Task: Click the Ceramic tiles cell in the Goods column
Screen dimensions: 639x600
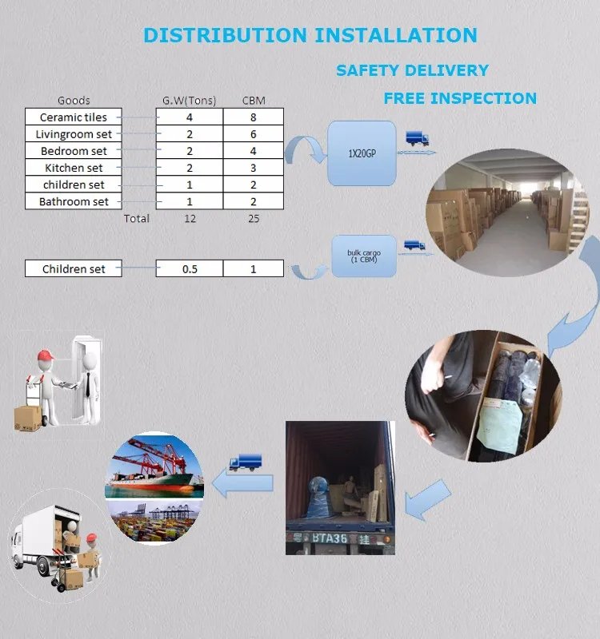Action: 74,117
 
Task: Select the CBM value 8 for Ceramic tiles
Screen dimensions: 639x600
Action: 254,117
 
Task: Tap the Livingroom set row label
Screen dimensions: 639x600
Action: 74,134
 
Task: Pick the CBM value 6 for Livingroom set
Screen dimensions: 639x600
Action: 254,134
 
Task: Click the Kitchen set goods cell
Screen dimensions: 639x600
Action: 74,168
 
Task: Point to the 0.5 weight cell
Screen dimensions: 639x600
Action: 190,269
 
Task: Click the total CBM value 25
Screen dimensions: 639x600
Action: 254,218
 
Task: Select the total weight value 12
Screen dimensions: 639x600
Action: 190,218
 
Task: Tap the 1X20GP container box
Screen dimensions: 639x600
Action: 362,153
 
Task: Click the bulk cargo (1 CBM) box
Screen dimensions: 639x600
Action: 364,256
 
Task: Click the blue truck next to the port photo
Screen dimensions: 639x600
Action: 245,462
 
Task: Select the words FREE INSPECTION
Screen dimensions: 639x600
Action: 460,98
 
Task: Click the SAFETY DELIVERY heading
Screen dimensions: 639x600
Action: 412,70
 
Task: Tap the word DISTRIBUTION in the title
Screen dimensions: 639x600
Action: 225,35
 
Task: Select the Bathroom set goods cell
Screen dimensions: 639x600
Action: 74,201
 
